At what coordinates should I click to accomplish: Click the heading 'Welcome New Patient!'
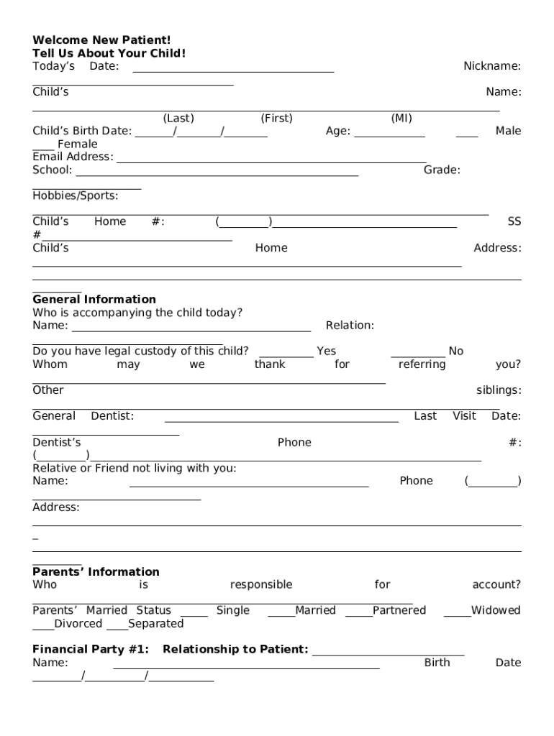click(x=101, y=40)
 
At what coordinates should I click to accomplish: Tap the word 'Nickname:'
click(x=491, y=66)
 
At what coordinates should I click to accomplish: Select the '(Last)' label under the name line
click(x=178, y=119)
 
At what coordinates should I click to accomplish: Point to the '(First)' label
click(x=276, y=119)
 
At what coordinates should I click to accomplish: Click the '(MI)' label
click(x=401, y=119)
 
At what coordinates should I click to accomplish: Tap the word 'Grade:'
click(x=442, y=170)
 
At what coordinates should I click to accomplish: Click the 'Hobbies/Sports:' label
click(x=76, y=196)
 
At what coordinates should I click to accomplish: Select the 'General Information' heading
click(x=94, y=300)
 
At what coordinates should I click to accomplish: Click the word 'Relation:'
click(x=350, y=326)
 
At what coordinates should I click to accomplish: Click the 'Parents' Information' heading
click(x=96, y=572)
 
